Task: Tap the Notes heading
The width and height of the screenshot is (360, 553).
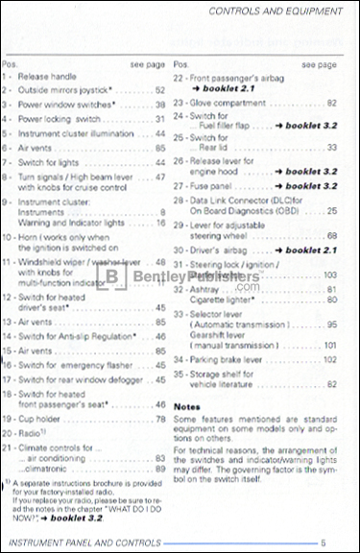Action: tap(185, 405)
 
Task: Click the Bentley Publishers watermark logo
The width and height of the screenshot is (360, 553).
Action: tap(178, 279)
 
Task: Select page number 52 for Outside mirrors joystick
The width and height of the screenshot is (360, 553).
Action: tap(160, 89)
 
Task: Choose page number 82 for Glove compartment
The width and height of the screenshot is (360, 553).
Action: tap(331, 102)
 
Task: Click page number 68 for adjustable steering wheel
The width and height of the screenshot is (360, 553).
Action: tap(331, 235)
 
